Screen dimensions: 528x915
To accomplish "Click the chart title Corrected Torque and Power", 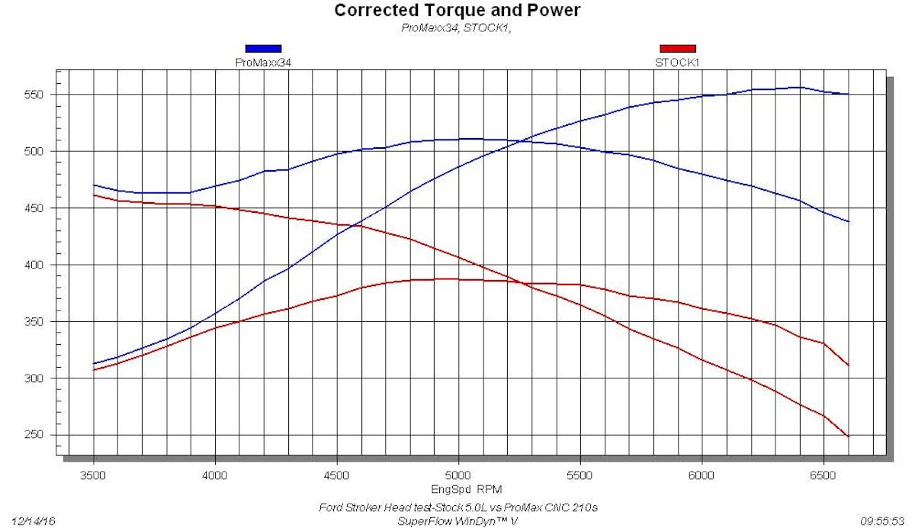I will pos(457,11).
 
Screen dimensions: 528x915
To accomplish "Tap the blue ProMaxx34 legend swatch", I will pos(263,49).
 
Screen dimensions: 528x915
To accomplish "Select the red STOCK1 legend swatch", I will pos(677,49).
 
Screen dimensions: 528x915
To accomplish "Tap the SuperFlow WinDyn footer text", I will pos(457,521).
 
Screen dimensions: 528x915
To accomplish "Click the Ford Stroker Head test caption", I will pos(457,508).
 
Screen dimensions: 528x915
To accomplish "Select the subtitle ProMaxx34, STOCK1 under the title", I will pos(457,28).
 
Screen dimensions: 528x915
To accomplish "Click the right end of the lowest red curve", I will pos(848,436).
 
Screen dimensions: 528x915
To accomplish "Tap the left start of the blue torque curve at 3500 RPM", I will pos(93,185).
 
